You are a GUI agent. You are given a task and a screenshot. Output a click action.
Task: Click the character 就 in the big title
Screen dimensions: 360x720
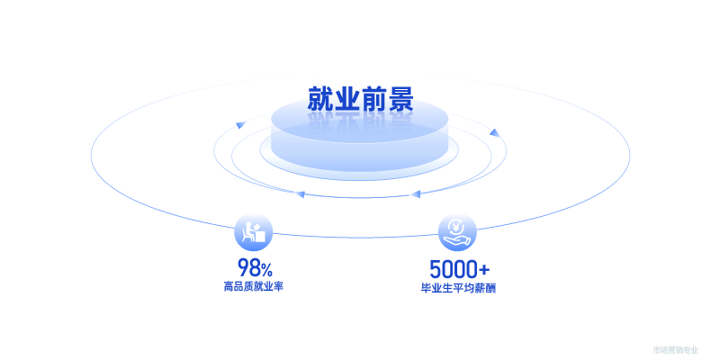pyautogui.click(x=321, y=99)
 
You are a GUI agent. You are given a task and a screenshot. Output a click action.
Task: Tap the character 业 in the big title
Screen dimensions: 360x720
pyautogui.click(x=347, y=99)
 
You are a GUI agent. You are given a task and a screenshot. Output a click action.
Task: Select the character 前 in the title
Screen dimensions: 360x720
pyautogui.click(x=373, y=99)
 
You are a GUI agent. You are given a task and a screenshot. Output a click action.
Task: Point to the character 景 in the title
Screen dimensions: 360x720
pyautogui.click(x=400, y=99)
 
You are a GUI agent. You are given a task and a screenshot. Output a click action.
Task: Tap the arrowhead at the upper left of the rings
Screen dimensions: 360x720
pyautogui.click(x=240, y=124)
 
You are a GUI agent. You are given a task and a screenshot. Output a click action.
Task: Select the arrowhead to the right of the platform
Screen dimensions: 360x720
pyautogui.click(x=493, y=133)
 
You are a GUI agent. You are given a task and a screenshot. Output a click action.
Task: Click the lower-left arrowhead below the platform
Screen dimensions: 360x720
pyautogui.click(x=300, y=193)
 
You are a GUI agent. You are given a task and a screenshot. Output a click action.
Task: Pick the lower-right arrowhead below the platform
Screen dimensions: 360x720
pyautogui.click(x=415, y=193)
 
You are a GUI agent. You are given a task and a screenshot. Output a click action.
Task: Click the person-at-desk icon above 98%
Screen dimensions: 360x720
pyautogui.click(x=253, y=232)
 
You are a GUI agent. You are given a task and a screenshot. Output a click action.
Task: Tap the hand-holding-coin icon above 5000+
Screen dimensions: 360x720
pyautogui.click(x=457, y=232)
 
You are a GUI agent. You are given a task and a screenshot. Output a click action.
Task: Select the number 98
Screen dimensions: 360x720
pyautogui.click(x=247, y=267)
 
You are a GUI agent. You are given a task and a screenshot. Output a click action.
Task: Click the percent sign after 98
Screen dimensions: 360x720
pyautogui.click(x=266, y=269)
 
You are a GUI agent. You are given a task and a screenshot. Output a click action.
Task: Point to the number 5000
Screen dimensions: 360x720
pyautogui.click(x=452, y=269)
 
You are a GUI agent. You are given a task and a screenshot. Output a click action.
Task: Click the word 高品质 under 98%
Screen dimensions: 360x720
pyautogui.click(x=238, y=287)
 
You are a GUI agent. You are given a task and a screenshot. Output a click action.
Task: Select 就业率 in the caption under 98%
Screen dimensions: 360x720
pyautogui.click(x=269, y=287)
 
